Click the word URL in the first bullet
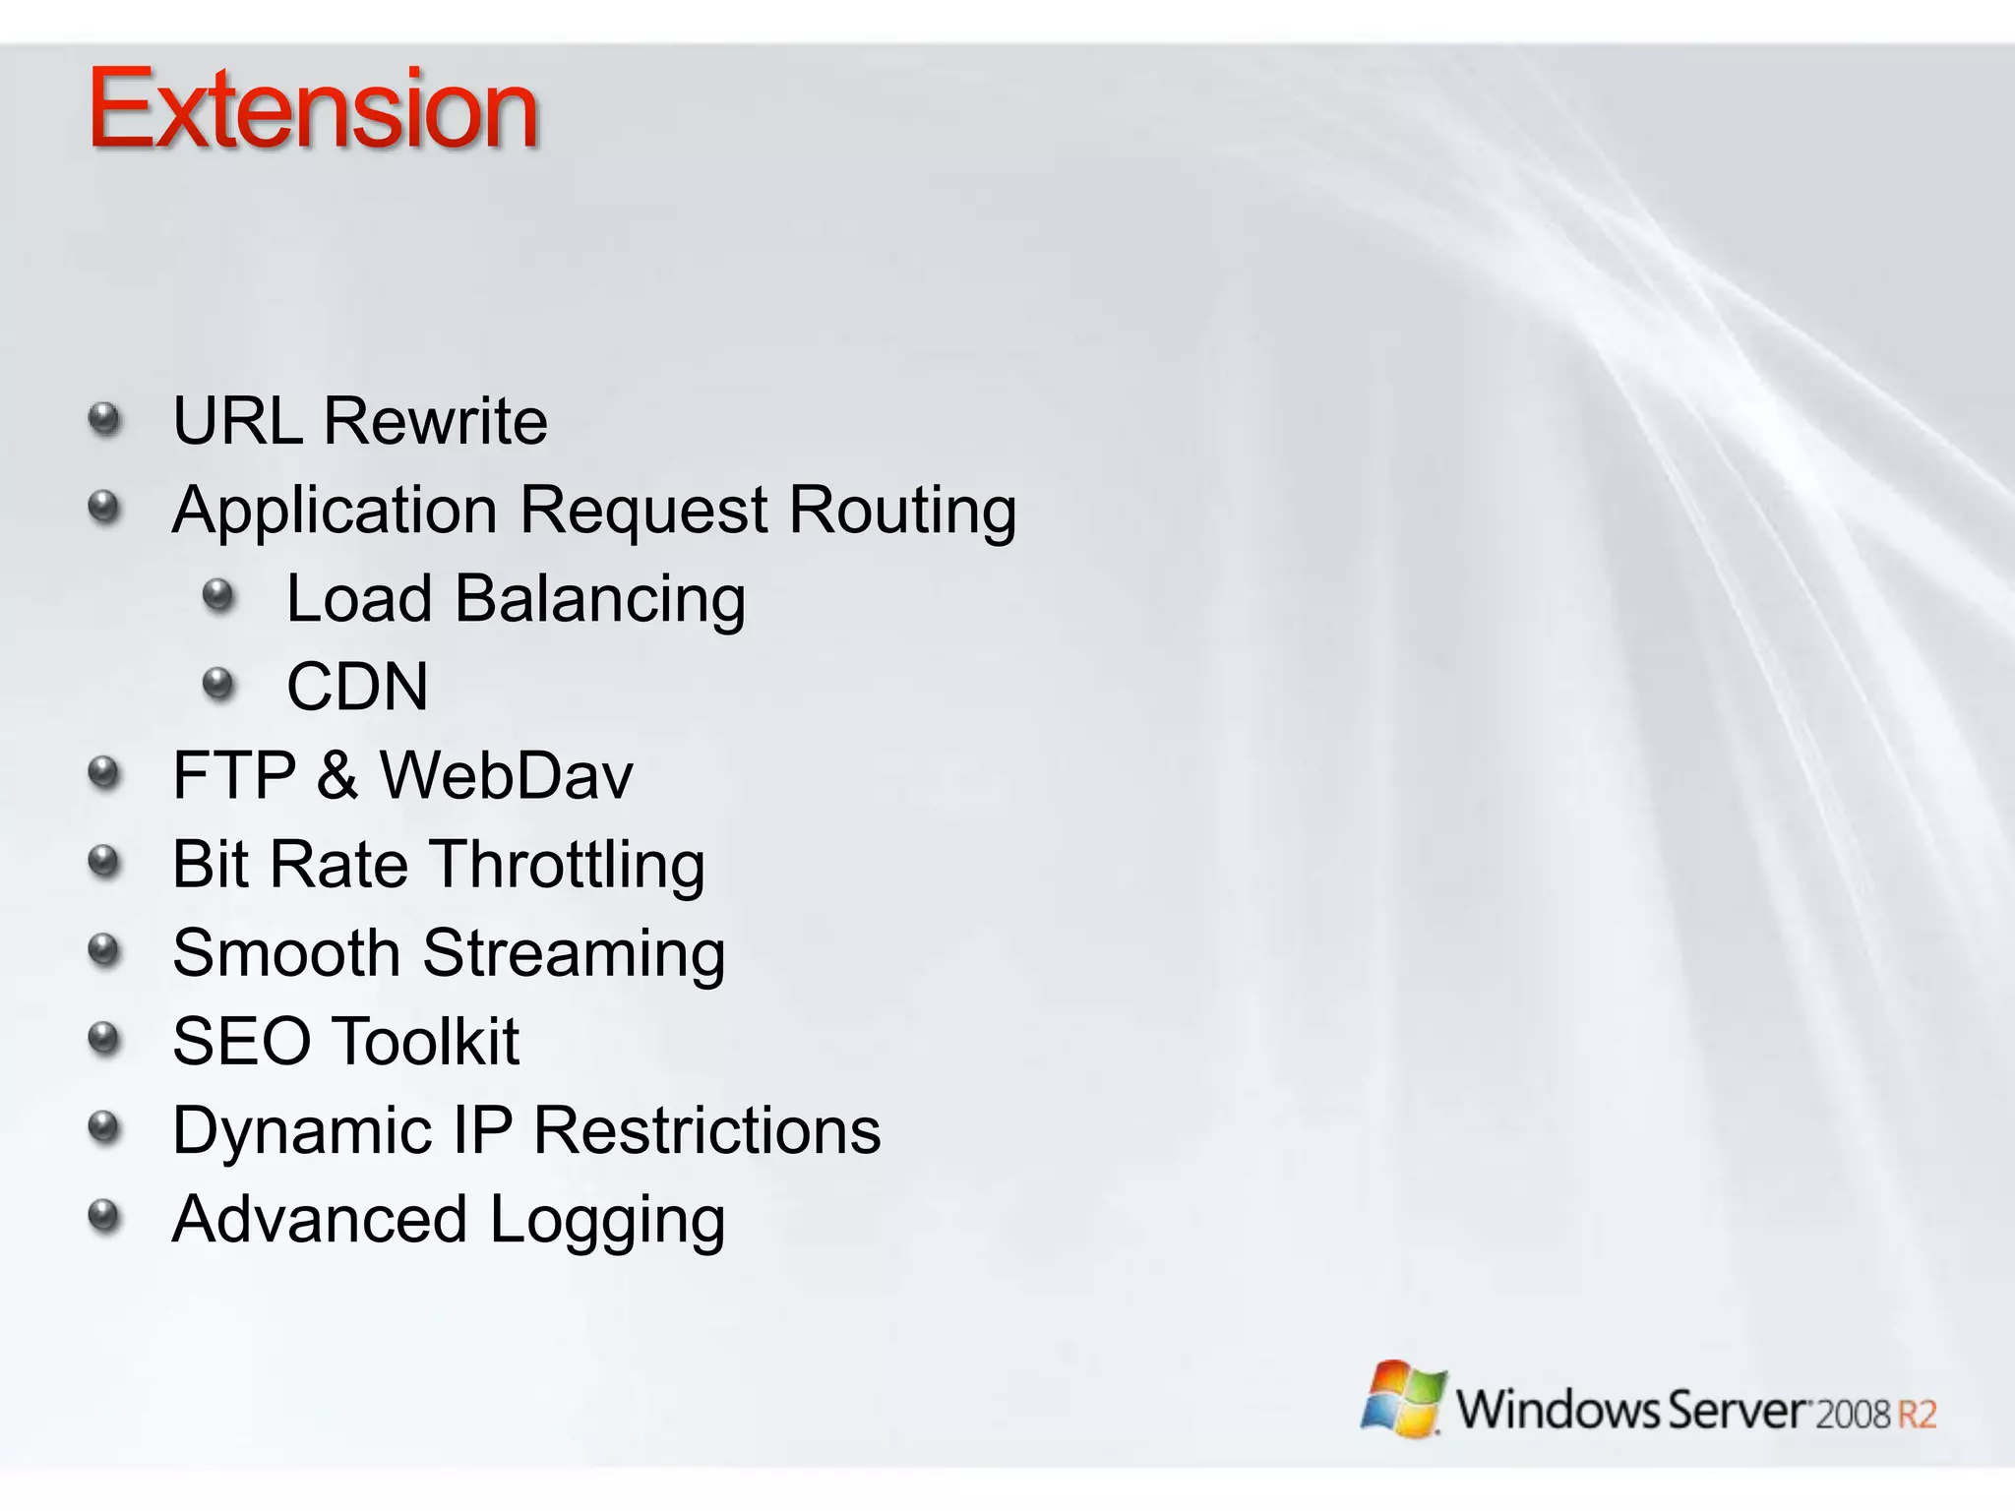click(237, 421)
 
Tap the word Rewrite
click(435, 421)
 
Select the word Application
click(335, 512)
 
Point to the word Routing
click(902, 512)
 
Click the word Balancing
click(599, 600)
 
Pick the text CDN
click(357, 687)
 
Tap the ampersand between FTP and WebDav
click(337, 775)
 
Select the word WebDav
click(507, 775)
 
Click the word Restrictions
click(706, 1129)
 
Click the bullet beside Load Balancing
click(218, 595)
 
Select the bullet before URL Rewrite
click(104, 419)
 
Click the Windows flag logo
click(1403, 1399)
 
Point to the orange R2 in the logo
click(1916, 1415)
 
